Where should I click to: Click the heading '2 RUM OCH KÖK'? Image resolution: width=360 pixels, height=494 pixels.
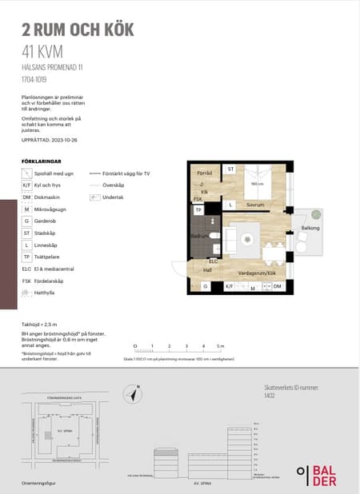click(78, 30)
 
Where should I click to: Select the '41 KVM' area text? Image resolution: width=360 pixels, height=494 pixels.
click(42, 53)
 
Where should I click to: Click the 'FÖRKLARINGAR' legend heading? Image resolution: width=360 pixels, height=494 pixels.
click(40, 161)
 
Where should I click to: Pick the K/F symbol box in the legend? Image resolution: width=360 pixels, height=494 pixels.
click(26, 185)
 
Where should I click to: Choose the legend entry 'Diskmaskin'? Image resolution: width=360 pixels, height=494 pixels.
click(48, 197)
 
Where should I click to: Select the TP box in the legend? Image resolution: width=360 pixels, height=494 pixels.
click(26, 257)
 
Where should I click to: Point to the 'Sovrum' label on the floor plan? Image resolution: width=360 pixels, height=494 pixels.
click(255, 205)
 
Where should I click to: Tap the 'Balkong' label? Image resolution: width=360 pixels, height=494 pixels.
click(310, 229)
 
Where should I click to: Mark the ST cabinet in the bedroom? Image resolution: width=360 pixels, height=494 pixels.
click(230, 169)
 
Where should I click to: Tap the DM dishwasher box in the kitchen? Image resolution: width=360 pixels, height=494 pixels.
click(278, 285)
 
